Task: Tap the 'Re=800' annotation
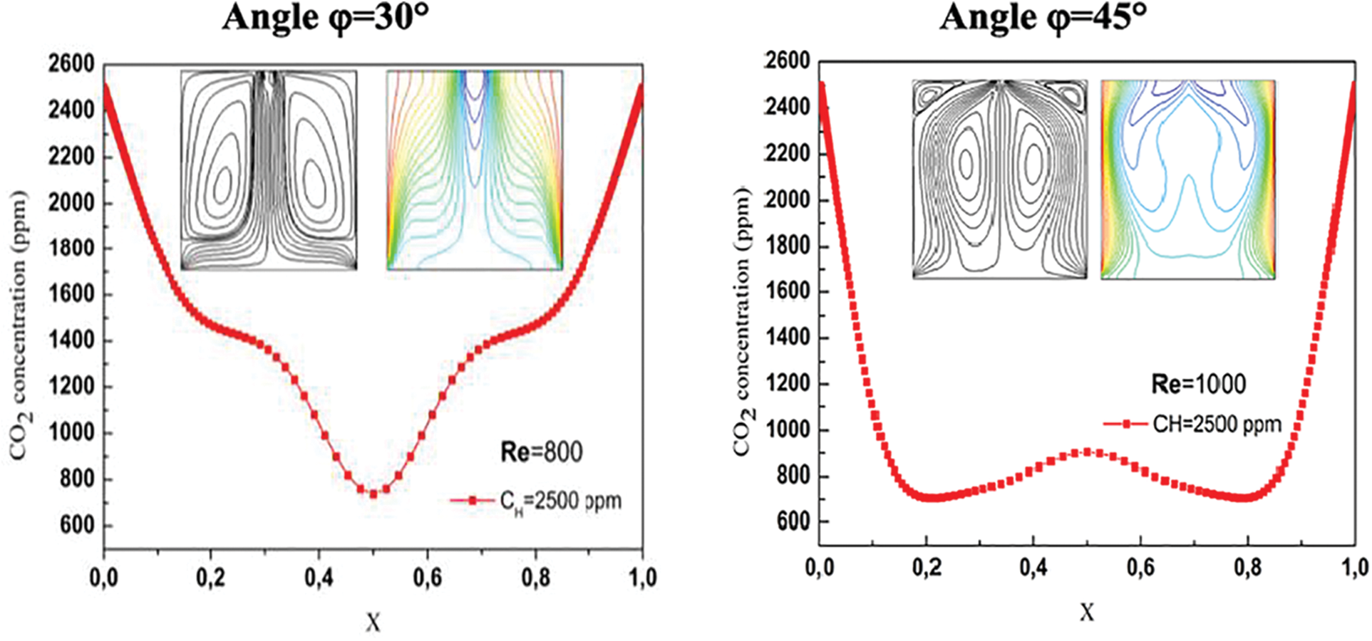tap(541, 452)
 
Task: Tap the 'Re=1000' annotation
tap(1198, 385)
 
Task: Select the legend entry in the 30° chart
tap(536, 501)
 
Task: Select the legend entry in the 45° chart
tap(1193, 424)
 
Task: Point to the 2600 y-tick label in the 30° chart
tap(71, 64)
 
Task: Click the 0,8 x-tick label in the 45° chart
tap(1247, 568)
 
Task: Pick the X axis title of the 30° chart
tap(373, 623)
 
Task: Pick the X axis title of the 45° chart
tap(1086, 612)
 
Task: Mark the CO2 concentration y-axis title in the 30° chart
tap(20, 324)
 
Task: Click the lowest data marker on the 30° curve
tap(373, 493)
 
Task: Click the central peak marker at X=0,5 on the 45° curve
tap(1087, 452)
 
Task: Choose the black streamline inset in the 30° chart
tap(269, 170)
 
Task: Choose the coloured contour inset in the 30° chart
tap(475, 170)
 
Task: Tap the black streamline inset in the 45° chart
tap(1000, 179)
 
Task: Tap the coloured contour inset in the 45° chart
tap(1188, 179)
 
